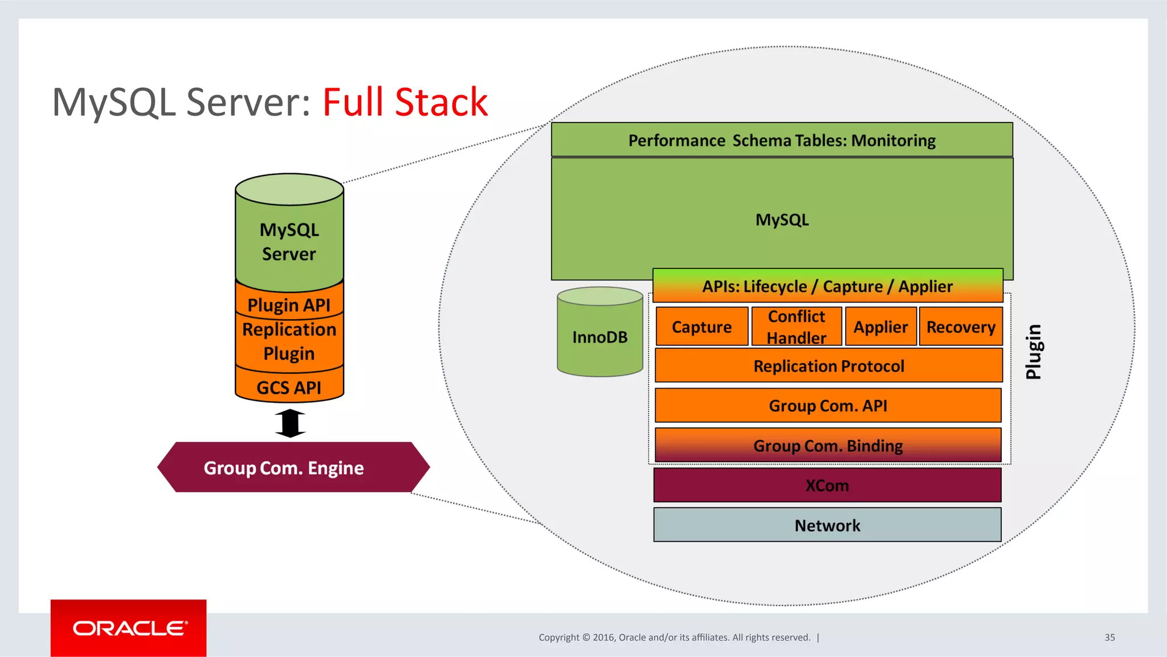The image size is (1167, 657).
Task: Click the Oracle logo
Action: click(x=129, y=628)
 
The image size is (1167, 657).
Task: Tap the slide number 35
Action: click(x=1109, y=638)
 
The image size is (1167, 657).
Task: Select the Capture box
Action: click(x=701, y=327)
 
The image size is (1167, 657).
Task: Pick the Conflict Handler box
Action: click(x=796, y=327)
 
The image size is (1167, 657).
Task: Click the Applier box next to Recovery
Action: click(x=880, y=327)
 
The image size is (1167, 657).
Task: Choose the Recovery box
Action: click(x=961, y=327)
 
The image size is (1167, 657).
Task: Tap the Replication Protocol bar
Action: click(x=829, y=366)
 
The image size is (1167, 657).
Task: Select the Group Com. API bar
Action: click(x=828, y=406)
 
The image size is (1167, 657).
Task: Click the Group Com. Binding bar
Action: click(x=828, y=446)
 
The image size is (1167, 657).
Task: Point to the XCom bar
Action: click(x=827, y=485)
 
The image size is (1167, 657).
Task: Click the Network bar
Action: click(x=827, y=525)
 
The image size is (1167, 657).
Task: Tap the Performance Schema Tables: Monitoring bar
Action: click(x=782, y=140)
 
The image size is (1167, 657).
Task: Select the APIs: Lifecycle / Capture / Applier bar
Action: click(x=827, y=286)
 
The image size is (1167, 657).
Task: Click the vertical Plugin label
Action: click(x=1033, y=352)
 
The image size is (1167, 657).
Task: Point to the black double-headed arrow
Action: click(x=290, y=423)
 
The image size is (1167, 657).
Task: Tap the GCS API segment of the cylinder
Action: click(x=289, y=387)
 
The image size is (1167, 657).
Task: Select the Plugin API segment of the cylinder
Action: click(x=289, y=305)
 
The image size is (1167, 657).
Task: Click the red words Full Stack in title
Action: click(x=405, y=103)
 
